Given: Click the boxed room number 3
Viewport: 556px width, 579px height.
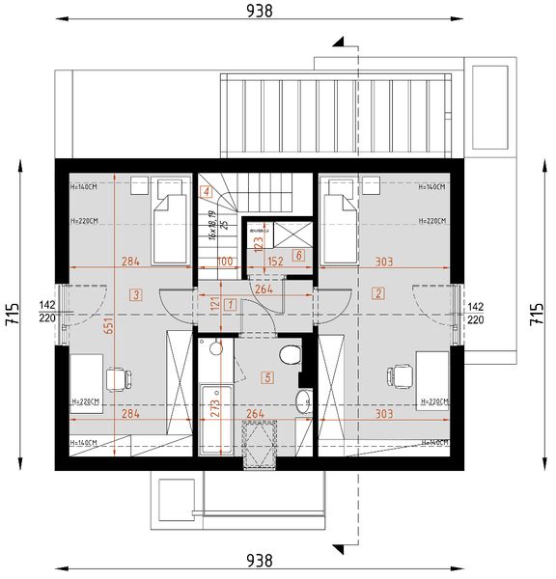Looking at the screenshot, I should click(138, 294).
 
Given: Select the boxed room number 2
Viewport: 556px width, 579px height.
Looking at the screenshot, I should click(379, 293).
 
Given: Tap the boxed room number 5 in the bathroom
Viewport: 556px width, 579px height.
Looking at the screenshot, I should click(267, 377).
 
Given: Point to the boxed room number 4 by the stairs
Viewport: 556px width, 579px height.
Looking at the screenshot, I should click(207, 191).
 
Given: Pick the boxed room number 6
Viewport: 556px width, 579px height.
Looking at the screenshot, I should click(298, 256).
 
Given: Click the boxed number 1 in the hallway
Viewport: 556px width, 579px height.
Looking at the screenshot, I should click(230, 304).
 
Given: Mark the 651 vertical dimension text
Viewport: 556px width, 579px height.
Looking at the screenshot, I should click(109, 327).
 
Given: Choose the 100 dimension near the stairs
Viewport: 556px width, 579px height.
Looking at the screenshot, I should click(225, 261).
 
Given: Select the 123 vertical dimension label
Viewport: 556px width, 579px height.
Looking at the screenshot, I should click(258, 245).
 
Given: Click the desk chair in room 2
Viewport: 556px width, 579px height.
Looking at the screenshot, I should click(399, 376).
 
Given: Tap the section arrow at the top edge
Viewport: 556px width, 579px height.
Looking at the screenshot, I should click(338, 42).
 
